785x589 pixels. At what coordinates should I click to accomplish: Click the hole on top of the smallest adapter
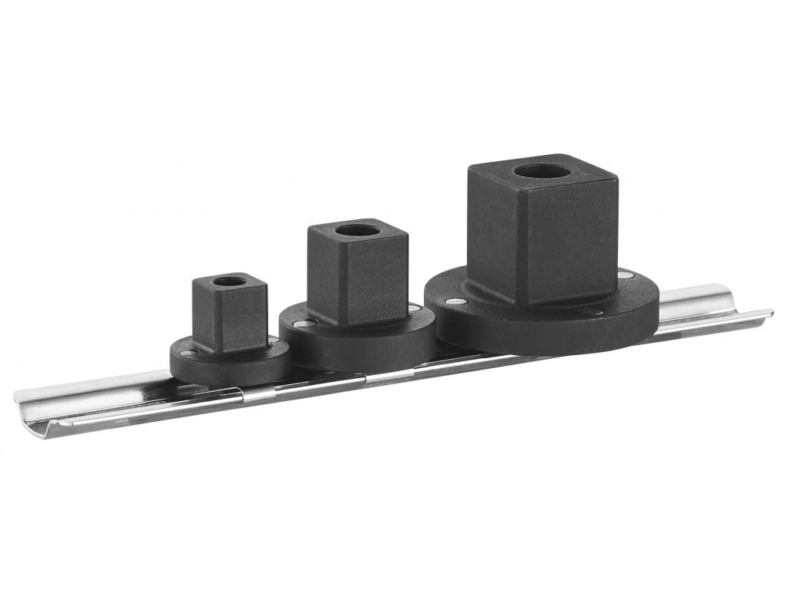[x=228, y=281]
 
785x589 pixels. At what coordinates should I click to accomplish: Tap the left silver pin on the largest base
[x=455, y=301]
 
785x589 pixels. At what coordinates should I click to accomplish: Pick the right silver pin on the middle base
[x=415, y=308]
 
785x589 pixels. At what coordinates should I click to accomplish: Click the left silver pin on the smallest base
[x=186, y=353]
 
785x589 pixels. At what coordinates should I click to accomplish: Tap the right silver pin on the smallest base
[x=273, y=339]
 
